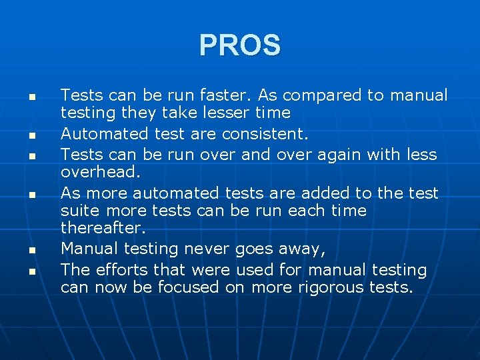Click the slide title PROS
[240, 45]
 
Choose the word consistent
[265, 134]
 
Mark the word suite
[79, 211]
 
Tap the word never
[207, 249]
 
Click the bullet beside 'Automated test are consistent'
[31, 135]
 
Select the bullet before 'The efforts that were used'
[31, 271]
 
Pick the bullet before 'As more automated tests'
[31, 195]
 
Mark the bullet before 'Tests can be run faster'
[31, 97]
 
